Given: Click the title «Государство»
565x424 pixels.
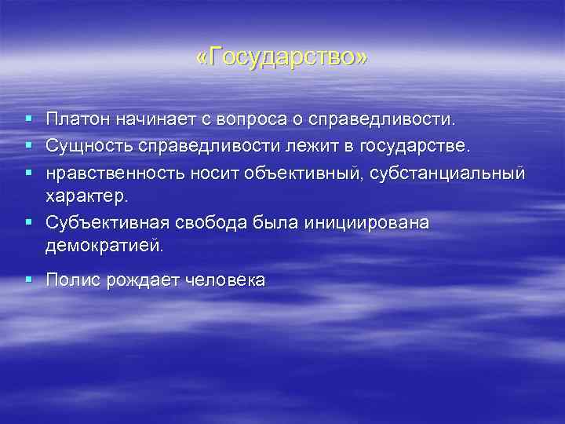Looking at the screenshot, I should (282, 59).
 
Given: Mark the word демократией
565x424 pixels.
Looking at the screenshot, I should (104, 246).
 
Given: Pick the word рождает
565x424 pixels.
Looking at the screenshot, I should (142, 280).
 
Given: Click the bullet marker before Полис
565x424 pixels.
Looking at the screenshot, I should (28, 279).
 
